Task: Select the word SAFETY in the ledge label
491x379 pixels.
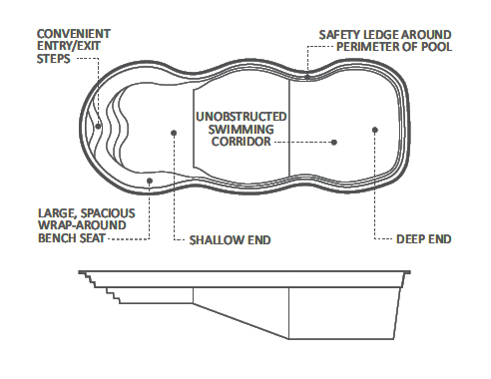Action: coord(340,34)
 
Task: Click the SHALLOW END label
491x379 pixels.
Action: coord(230,240)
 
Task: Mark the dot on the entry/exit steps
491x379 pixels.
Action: coord(97,126)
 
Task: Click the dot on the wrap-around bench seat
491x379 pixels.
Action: coord(150,181)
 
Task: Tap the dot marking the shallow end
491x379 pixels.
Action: coord(174,130)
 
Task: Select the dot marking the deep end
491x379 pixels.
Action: coord(374,129)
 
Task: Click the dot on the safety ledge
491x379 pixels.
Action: coord(308,77)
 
